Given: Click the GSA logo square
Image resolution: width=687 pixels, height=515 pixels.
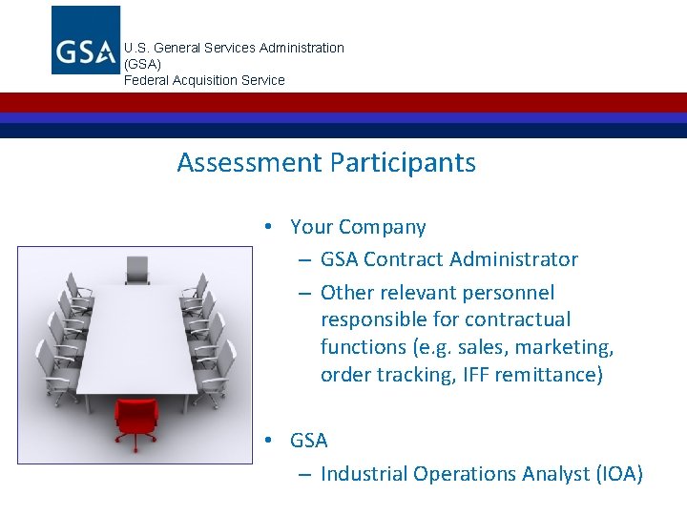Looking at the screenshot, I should (x=86, y=40).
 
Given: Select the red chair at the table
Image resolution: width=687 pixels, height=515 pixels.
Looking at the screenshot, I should (x=135, y=417).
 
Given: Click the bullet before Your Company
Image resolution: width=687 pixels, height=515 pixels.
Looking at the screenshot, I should (x=271, y=227).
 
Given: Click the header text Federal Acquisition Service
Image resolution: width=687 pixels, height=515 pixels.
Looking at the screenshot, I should (x=204, y=80).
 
